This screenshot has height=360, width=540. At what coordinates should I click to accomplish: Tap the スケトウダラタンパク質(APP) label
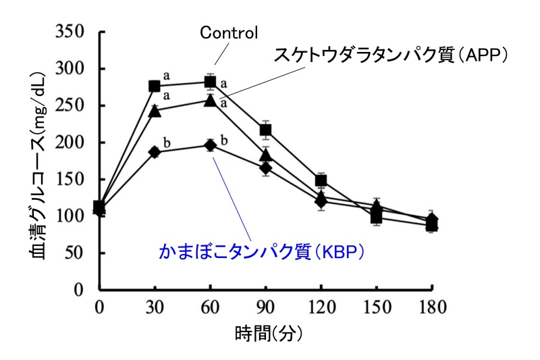click(390, 55)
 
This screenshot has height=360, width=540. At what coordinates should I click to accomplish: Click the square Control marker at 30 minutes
click(155, 86)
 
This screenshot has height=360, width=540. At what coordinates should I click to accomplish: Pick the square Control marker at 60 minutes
click(210, 82)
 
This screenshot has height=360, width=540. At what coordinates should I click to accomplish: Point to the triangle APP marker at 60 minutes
click(210, 101)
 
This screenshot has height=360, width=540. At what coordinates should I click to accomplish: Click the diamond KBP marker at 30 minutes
click(155, 152)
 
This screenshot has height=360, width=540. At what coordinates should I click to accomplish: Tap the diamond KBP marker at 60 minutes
click(210, 145)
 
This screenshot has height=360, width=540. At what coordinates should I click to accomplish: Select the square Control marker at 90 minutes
click(265, 130)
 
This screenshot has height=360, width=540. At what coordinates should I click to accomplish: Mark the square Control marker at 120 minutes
click(321, 180)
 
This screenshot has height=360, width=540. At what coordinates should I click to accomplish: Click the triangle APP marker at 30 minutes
click(155, 111)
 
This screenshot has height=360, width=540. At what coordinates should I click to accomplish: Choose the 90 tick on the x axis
click(265, 308)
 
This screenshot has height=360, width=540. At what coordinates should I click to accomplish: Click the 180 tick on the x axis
click(432, 308)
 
